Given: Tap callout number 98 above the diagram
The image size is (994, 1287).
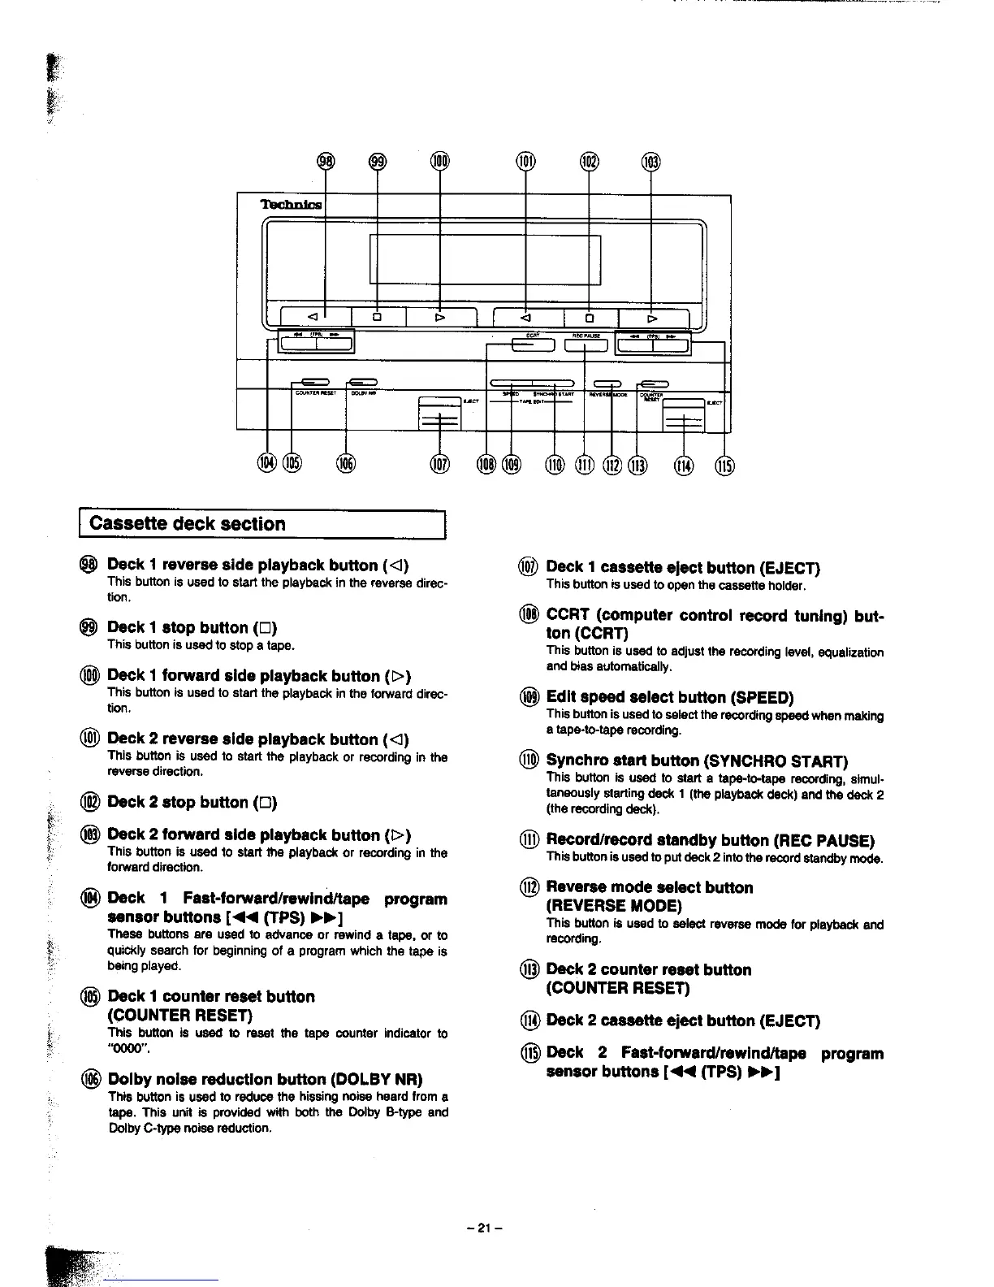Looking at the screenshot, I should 325,161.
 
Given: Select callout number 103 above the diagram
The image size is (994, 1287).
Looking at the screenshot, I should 651,162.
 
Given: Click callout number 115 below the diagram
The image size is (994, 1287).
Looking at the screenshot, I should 724,465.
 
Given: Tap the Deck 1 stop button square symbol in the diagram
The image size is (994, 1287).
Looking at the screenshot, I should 377,317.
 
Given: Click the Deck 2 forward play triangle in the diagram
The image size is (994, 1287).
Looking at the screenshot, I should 652,318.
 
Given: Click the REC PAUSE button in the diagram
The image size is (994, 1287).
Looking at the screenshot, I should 586,345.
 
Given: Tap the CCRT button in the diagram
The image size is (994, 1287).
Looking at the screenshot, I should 533,345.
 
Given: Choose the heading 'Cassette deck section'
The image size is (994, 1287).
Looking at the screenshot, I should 188,524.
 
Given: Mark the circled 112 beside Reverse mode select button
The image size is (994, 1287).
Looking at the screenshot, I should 529,888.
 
